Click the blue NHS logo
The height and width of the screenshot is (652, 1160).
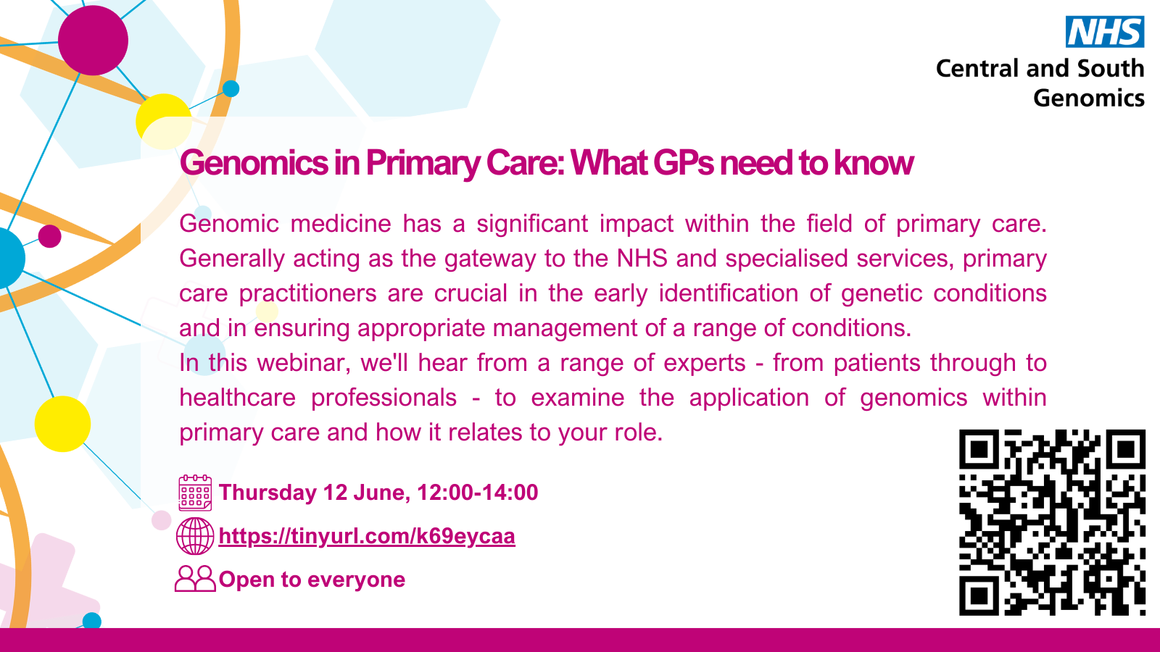pos(1105,32)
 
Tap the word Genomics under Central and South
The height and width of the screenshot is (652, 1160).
pos(1088,99)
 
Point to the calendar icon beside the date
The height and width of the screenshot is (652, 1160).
pos(195,493)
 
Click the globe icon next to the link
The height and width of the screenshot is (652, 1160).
pos(195,536)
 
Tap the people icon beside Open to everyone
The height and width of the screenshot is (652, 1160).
pos(195,579)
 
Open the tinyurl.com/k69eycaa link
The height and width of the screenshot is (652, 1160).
pos(367,536)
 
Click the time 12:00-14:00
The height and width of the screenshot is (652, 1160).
pos(478,492)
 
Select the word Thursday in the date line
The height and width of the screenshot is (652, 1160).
pos(268,493)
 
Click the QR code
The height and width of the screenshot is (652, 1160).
pos(1052,522)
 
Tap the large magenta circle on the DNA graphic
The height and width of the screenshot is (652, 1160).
pos(94,41)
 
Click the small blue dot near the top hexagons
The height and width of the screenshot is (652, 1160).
pos(231,88)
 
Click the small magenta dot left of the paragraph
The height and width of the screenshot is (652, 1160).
pos(50,236)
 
